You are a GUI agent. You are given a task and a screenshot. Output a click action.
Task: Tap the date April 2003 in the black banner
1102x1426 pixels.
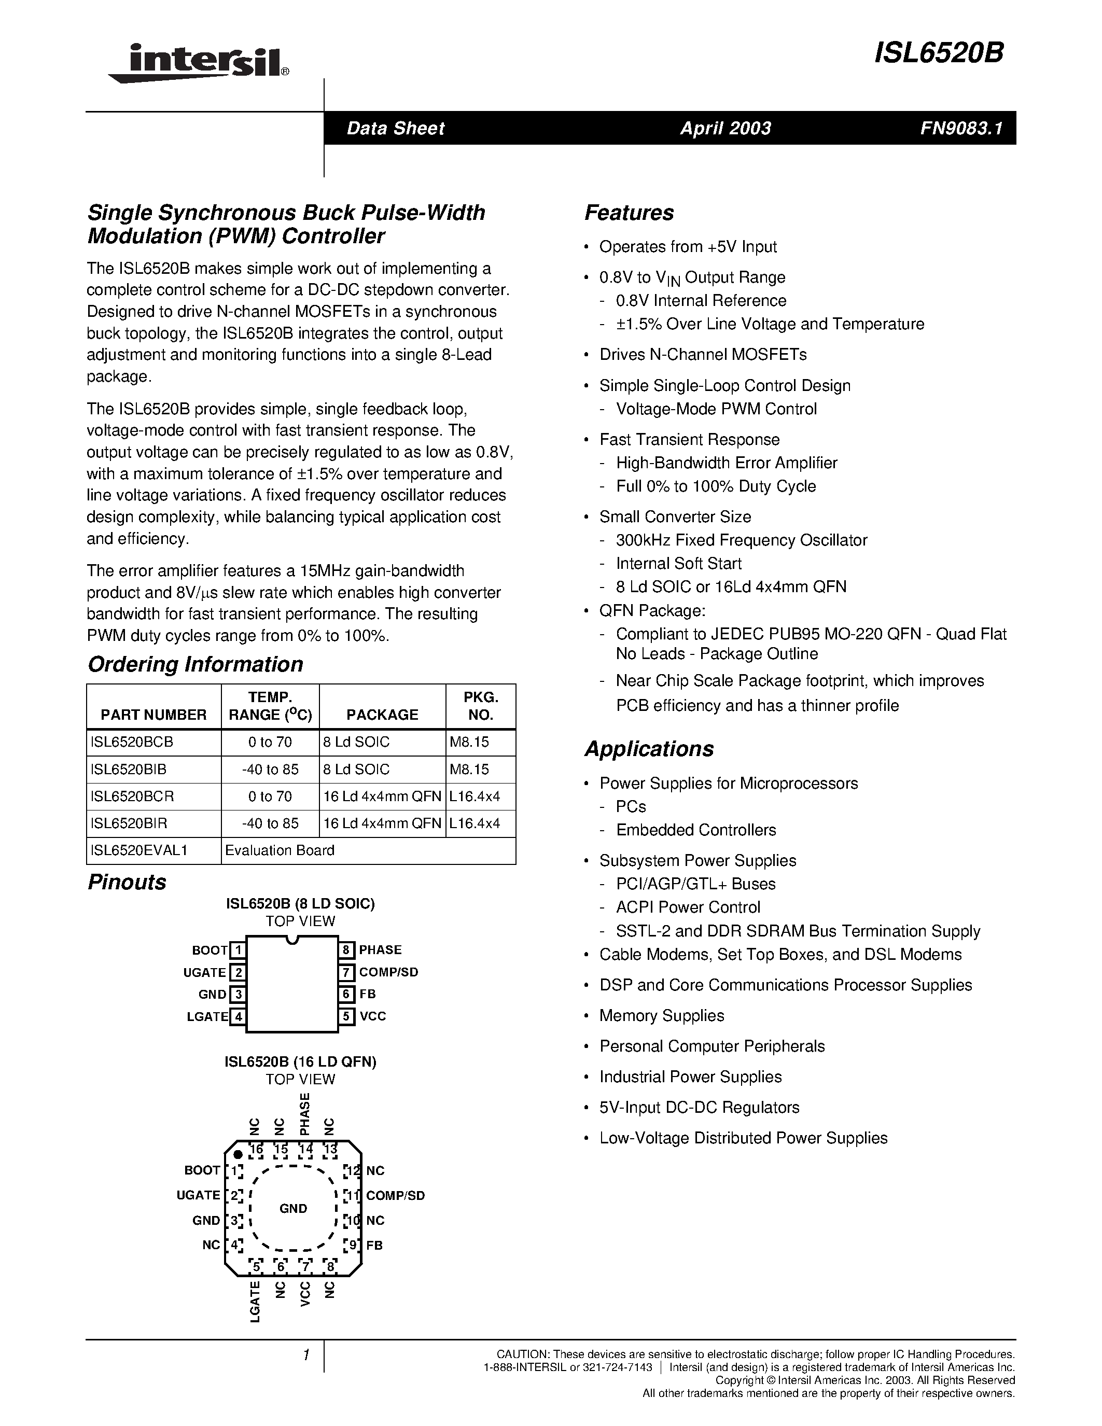[x=726, y=128]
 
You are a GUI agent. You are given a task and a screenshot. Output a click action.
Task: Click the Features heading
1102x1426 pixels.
[x=629, y=213]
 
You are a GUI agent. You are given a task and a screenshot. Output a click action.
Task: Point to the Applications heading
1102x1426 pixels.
[x=649, y=748]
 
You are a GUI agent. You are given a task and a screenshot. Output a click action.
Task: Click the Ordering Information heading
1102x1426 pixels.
[x=195, y=664]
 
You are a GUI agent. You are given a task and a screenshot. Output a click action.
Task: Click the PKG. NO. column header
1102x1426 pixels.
[x=481, y=706]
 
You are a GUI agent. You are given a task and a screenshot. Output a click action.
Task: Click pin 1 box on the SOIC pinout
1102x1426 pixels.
[x=238, y=950]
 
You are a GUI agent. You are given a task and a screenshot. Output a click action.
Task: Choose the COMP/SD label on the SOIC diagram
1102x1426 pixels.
[x=388, y=972]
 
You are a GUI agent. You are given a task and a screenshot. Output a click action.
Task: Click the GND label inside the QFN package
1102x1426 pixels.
[x=293, y=1209]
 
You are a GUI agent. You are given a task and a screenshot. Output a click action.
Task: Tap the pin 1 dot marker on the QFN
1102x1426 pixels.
[x=238, y=1154]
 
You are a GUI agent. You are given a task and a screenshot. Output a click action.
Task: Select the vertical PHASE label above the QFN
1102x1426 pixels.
[x=304, y=1114]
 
